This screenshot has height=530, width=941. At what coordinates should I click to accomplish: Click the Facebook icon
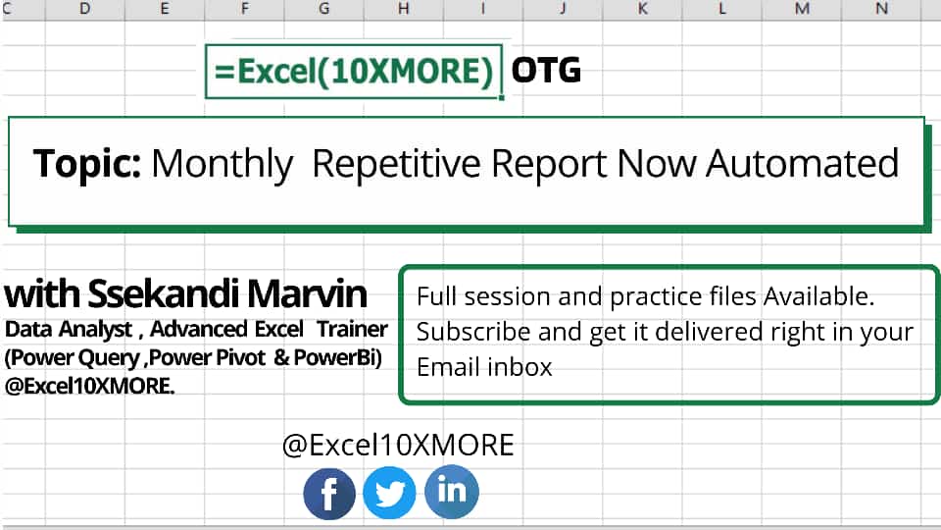point(329,494)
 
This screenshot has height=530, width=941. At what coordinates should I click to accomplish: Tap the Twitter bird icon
point(389,494)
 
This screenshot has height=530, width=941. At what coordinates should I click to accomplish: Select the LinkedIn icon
point(451,491)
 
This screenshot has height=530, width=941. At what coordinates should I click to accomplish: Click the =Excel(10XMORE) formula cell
point(353,71)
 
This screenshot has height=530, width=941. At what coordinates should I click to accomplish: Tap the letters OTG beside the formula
point(546,71)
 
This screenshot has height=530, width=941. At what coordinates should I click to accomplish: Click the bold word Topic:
point(86,163)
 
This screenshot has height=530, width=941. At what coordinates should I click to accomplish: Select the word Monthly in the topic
point(222,164)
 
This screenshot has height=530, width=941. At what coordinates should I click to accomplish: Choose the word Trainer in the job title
point(352,330)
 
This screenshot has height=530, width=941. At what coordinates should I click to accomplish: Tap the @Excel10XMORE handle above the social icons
point(398,446)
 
